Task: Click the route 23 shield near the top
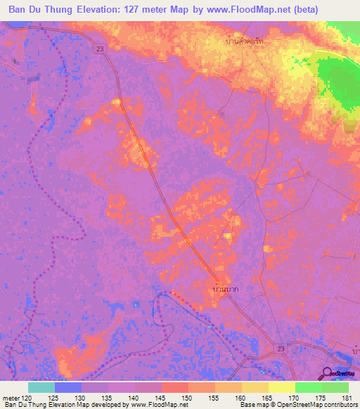100,48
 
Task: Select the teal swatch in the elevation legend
41,387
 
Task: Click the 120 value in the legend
27,398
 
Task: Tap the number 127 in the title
127,10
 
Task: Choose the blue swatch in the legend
68,387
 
